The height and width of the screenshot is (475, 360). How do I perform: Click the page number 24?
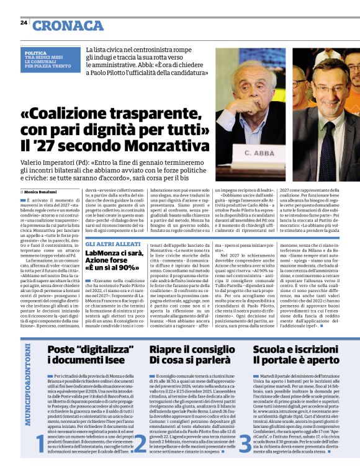[x=23, y=23]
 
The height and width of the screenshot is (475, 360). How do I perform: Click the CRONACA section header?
[x=68, y=25]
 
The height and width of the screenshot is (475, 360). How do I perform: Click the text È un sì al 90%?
[x=112, y=269]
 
